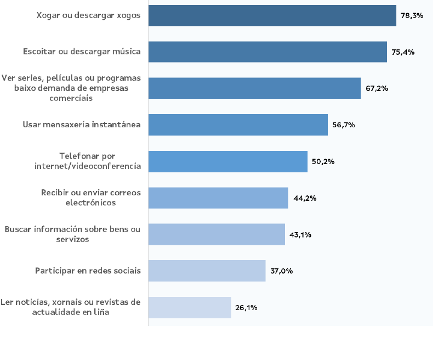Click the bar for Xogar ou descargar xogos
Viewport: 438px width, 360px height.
272,15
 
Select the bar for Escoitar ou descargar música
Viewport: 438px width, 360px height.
268,52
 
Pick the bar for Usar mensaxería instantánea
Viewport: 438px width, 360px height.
238,125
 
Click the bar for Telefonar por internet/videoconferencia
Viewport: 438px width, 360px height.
227,161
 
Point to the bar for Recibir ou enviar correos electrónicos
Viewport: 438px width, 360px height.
218,198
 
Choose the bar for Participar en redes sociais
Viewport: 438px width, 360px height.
207,271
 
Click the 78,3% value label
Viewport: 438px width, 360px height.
412,16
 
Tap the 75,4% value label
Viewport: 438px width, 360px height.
403,52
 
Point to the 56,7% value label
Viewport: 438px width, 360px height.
344,125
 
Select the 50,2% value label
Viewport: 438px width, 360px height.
323,162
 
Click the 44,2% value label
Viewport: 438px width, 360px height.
305,198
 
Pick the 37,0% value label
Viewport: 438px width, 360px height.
281,271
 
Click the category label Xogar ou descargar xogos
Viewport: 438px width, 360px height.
88,15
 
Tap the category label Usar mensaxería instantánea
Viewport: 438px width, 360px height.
82,125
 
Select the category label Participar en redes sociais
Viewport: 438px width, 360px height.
88,271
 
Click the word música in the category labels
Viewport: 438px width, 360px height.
126,52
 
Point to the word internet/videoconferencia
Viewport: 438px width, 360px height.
88,166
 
